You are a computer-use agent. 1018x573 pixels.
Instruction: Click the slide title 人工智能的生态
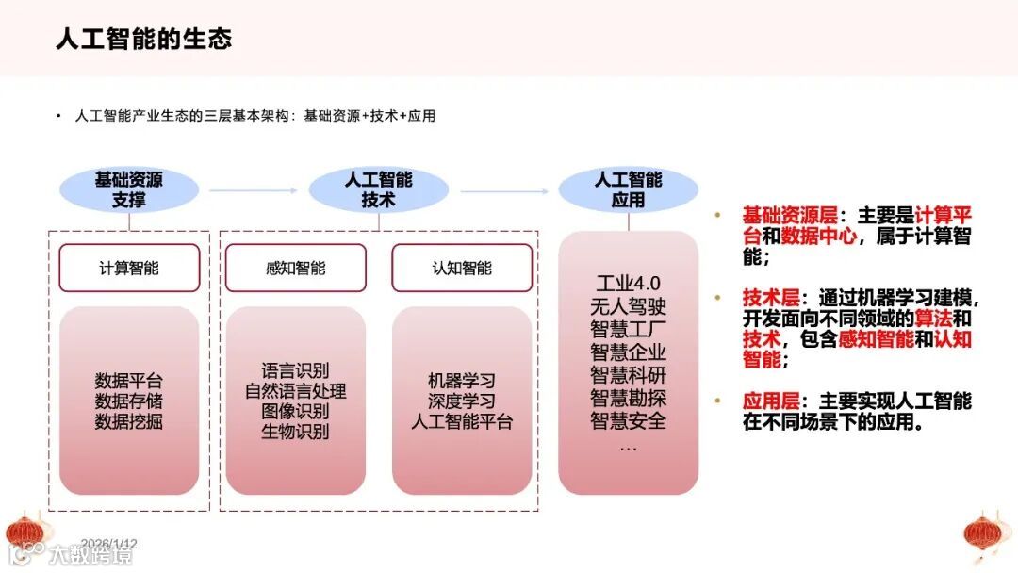(143, 39)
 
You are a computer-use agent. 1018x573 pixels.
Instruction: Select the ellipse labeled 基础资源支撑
(129, 189)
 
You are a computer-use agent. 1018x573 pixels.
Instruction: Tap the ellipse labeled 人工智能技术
(378, 189)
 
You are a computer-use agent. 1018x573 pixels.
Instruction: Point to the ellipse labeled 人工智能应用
(628, 189)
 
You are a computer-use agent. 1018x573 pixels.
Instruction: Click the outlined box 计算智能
(129, 268)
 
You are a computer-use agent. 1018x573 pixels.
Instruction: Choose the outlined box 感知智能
(295, 268)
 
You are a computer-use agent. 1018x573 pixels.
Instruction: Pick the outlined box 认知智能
(462, 268)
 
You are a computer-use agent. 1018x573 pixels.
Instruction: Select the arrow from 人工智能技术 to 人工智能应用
(504, 190)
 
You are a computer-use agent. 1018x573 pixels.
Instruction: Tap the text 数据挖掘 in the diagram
(129, 421)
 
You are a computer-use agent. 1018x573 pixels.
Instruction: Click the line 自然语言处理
(295, 391)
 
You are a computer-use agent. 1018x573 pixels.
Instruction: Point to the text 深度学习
(462, 401)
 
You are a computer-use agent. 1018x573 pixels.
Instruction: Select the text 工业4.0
(628, 284)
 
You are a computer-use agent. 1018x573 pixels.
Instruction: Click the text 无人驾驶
(628, 306)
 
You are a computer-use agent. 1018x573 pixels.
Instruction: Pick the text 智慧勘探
(628, 397)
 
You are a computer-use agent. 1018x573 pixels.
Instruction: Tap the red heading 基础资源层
(770, 214)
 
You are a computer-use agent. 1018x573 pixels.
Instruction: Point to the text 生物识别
(295, 432)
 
